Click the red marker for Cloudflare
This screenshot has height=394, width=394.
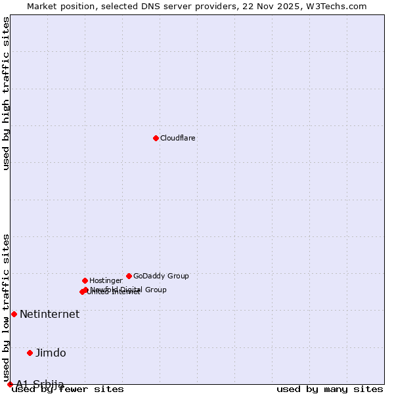tap(156, 138)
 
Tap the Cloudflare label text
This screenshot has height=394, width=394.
tap(178, 139)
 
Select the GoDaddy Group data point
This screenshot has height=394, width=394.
tap(129, 276)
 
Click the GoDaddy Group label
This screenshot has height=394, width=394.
tap(161, 276)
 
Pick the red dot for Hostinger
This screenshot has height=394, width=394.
tap(85, 280)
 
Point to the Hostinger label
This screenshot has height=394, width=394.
tap(106, 281)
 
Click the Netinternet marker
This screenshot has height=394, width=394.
tap(14, 314)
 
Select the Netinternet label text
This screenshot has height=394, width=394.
tap(49, 315)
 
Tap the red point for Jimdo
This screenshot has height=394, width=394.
tap(30, 353)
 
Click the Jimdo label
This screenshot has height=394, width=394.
tap(51, 353)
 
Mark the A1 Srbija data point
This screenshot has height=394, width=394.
tap(10, 384)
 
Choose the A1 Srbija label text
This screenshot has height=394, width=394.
tap(40, 384)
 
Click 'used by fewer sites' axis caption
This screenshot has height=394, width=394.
tap(68, 389)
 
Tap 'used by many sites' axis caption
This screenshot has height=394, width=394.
tap(330, 389)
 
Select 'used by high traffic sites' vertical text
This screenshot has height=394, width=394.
tap(7, 93)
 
